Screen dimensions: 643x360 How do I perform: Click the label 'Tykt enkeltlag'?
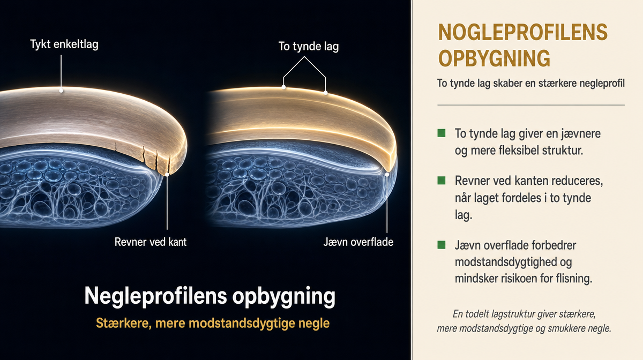pyautogui.click(x=64, y=45)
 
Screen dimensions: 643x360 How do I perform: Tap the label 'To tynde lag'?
pyautogui.click(x=309, y=47)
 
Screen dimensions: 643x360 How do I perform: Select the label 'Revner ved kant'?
pyautogui.click(x=151, y=242)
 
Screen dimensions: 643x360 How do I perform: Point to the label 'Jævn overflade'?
pyautogui.click(x=358, y=242)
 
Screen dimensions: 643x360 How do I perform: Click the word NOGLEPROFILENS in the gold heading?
pyautogui.click(x=523, y=33)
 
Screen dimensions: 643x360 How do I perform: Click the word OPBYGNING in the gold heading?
pyautogui.click(x=494, y=58)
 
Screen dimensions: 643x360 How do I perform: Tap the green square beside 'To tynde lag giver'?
pyautogui.click(x=441, y=133)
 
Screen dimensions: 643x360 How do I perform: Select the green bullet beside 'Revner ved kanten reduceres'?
pyautogui.click(x=441, y=181)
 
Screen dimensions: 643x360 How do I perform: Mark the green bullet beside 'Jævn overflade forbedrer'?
pyautogui.click(x=441, y=245)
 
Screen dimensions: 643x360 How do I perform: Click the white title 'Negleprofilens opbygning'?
pyautogui.click(x=210, y=296)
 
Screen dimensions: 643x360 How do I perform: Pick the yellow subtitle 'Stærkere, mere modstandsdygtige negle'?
pyautogui.click(x=213, y=323)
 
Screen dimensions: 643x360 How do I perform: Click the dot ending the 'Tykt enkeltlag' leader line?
pyautogui.click(x=61, y=91)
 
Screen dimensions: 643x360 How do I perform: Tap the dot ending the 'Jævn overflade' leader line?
pyautogui.click(x=387, y=174)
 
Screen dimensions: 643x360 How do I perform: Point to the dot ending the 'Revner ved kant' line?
pyautogui.click(x=167, y=174)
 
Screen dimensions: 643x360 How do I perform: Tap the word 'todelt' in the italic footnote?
pyautogui.click(x=477, y=314)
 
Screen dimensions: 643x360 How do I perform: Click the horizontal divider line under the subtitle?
pyautogui.click(x=531, y=105)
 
